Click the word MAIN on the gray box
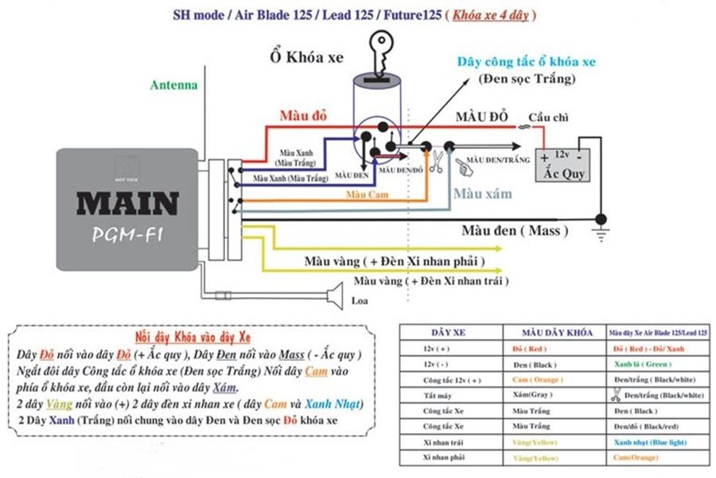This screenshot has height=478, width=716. click(x=127, y=204)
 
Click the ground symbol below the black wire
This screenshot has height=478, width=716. click(x=601, y=232)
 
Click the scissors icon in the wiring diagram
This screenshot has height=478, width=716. click(x=436, y=163)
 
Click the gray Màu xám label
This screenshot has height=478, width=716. click(x=482, y=194)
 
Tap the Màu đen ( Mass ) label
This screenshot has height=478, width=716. click(x=515, y=231)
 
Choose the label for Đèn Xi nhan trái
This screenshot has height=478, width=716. click(x=431, y=281)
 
